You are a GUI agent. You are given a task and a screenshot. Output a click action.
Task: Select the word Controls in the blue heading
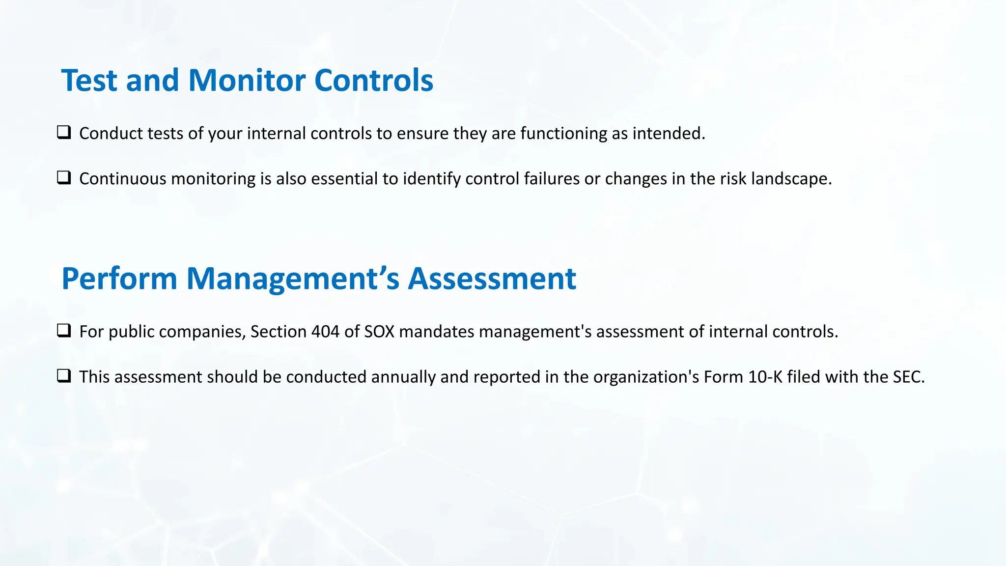(374, 81)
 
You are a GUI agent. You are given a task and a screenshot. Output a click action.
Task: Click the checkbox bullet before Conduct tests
(64, 133)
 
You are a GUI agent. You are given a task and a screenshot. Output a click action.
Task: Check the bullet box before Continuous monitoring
(64, 178)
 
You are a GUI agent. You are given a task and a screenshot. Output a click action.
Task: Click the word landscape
(791, 179)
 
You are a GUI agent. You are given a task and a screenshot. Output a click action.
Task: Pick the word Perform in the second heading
(119, 279)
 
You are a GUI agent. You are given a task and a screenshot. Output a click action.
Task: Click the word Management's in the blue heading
(293, 279)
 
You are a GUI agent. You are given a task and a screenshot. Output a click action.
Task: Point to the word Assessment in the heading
(492, 279)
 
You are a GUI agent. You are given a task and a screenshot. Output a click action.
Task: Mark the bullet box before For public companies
(64, 331)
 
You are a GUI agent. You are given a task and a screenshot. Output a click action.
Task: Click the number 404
(325, 332)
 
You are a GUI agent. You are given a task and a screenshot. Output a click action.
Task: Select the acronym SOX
(379, 332)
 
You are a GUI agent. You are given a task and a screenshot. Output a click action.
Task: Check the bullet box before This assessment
(64, 376)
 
